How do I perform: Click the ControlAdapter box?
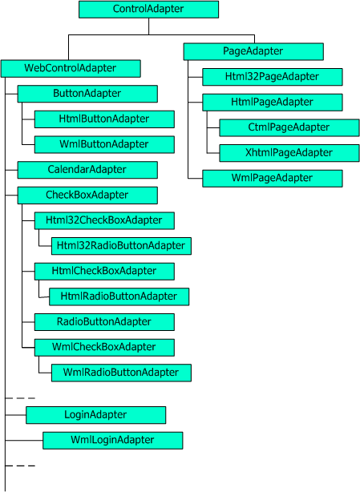click(148, 9)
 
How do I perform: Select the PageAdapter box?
click(253, 51)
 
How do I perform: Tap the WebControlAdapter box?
click(71, 68)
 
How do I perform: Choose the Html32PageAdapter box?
click(272, 77)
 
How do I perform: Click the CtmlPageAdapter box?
click(289, 127)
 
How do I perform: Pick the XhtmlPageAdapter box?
click(289, 153)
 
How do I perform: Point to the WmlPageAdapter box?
click(272, 179)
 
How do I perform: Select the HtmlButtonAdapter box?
click(104, 119)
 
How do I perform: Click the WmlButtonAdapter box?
click(104, 145)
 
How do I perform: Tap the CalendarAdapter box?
click(87, 170)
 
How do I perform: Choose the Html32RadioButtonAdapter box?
click(121, 246)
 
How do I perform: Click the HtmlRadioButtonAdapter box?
click(119, 296)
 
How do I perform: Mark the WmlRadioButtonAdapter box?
click(121, 373)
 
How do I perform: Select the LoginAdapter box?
click(95, 415)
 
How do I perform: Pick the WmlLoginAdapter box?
click(113, 441)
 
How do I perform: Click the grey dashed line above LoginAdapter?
click(20, 398)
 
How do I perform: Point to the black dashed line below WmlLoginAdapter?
click(20, 466)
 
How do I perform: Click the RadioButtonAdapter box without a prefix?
click(104, 322)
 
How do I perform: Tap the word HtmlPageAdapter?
click(272, 102)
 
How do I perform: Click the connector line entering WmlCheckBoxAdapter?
click(28, 347)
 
